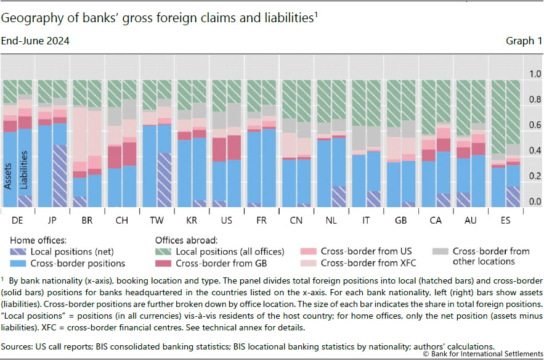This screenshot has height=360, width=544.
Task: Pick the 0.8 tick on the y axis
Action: click(x=535, y=100)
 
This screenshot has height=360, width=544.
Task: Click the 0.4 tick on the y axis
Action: click(x=535, y=151)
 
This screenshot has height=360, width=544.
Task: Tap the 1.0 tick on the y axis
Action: click(x=535, y=74)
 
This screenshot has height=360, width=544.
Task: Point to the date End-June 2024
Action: click(x=36, y=41)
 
